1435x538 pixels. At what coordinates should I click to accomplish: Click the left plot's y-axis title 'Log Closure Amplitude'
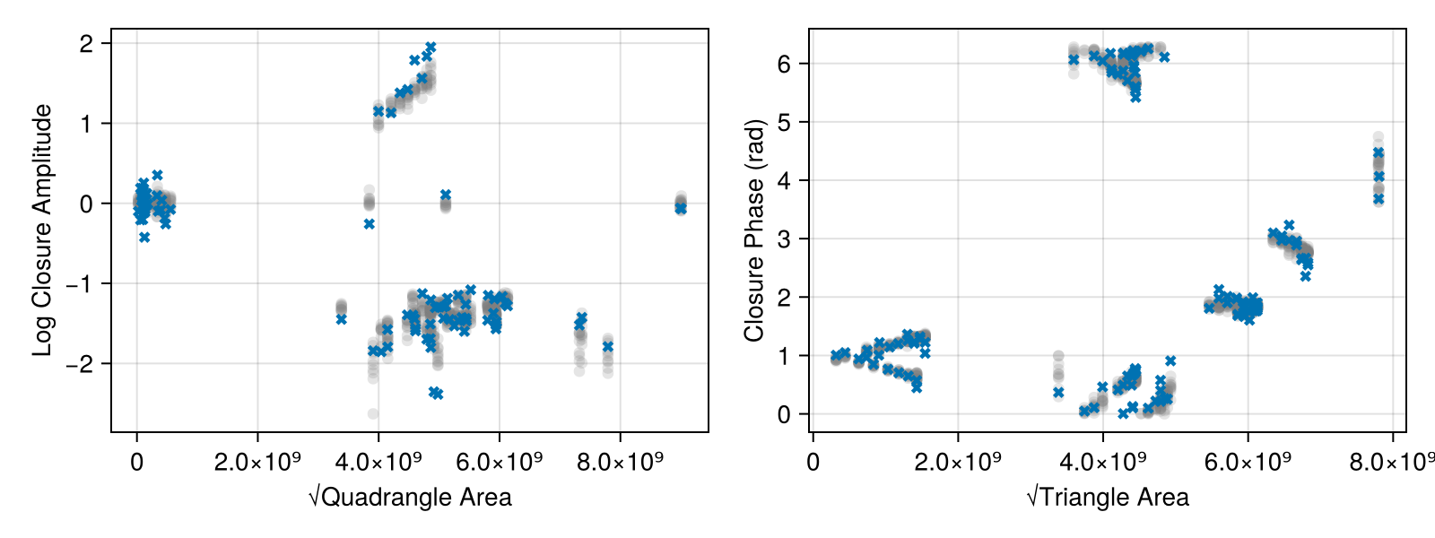42,230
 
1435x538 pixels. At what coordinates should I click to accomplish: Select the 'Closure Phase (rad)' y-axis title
754,230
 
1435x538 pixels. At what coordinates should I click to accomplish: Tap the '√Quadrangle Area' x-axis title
410,497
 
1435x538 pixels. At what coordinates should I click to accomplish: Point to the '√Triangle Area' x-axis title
1108,497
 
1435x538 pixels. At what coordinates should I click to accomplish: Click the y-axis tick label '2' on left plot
86,43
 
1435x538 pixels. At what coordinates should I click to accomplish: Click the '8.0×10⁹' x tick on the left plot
621,463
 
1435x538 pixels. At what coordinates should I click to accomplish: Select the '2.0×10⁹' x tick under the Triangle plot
958,463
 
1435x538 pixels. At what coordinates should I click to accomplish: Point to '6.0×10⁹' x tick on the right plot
1248,463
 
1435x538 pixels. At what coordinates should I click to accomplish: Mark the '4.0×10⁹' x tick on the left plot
378,463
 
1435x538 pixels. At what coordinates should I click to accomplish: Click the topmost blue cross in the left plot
430,47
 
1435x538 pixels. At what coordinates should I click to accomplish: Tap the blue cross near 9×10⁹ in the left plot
681,208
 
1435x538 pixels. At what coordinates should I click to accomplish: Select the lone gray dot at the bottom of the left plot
373,413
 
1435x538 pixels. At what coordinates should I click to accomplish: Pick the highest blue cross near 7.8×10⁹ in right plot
1378,152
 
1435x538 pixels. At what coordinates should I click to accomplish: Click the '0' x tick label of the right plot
813,463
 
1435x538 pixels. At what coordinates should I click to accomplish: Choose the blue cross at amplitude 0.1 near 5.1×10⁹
446,195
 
